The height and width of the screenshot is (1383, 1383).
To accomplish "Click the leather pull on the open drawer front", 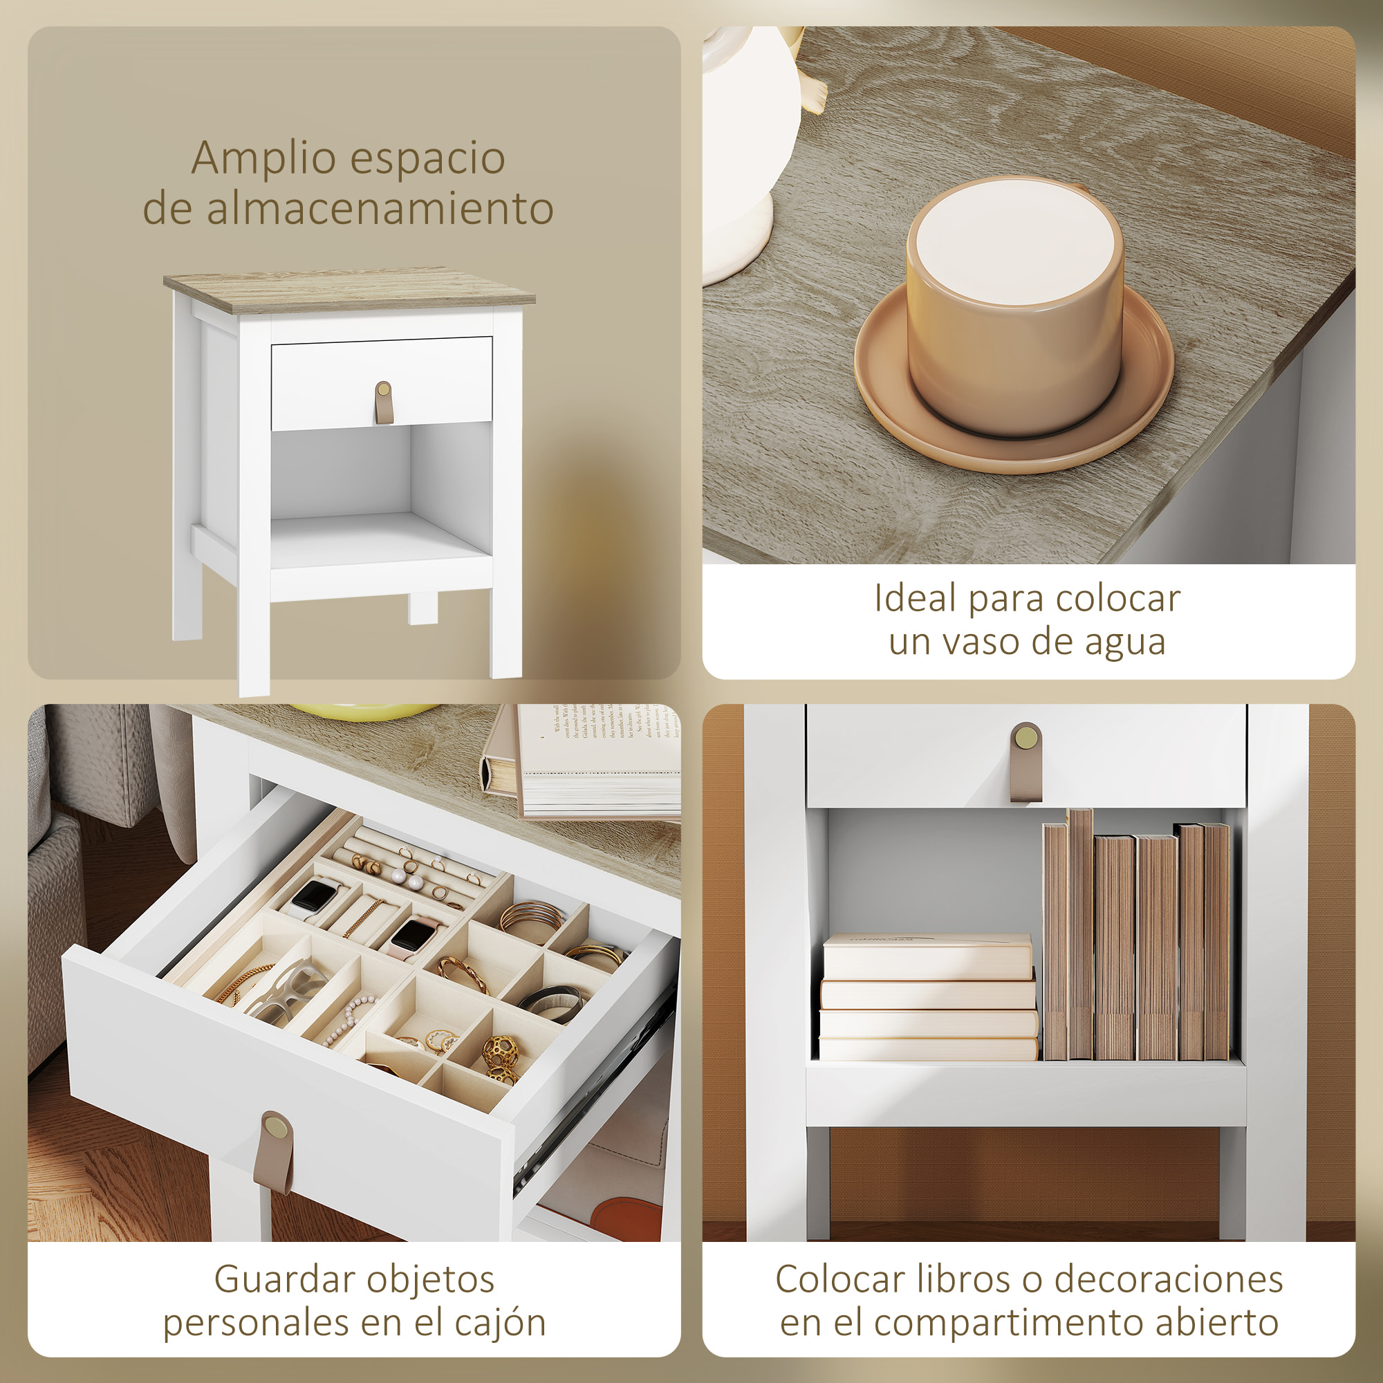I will coord(273,1154).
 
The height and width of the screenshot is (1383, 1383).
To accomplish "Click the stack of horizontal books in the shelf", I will coord(928,999).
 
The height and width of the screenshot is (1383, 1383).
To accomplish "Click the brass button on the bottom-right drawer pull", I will coord(1025,737).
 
